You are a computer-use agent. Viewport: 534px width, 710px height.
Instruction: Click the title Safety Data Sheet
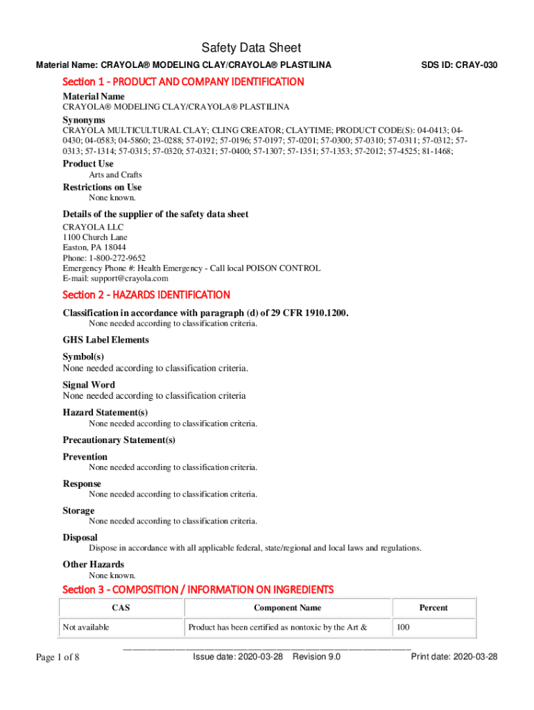tap(251, 48)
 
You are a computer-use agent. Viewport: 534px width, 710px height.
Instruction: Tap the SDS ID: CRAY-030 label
tap(459, 65)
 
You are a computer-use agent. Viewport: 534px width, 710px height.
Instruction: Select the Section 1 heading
tap(183, 82)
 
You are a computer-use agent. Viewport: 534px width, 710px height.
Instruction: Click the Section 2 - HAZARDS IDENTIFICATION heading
tap(146, 295)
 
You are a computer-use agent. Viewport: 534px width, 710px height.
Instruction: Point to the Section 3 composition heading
tap(198, 589)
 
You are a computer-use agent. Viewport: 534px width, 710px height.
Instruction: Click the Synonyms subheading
tap(84, 119)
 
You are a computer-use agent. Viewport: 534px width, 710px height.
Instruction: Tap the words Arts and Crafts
tap(115, 175)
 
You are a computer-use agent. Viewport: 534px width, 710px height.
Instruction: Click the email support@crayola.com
tap(115, 279)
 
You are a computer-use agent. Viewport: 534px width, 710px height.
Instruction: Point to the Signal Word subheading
tap(89, 385)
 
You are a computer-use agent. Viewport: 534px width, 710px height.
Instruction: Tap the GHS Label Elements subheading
tap(105, 340)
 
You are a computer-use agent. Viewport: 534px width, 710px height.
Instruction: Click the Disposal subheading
tap(80, 537)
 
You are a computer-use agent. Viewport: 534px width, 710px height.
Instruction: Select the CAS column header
tap(121, 608)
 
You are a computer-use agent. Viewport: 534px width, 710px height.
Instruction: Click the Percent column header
tap(433, 608)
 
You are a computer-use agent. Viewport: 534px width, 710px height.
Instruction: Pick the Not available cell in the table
tap(86, 627)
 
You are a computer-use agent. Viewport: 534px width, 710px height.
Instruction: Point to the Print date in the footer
tap(454, 657)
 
